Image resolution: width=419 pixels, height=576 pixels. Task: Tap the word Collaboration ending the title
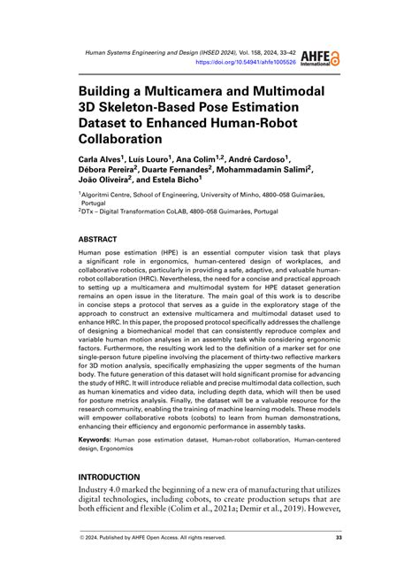click(120, 139)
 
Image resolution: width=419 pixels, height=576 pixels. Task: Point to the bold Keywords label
click(100, 439)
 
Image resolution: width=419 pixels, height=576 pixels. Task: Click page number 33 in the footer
click(339, 537)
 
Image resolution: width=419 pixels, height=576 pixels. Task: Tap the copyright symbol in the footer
click(82, 537)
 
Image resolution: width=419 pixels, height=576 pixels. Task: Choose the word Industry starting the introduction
click(100, 491)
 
